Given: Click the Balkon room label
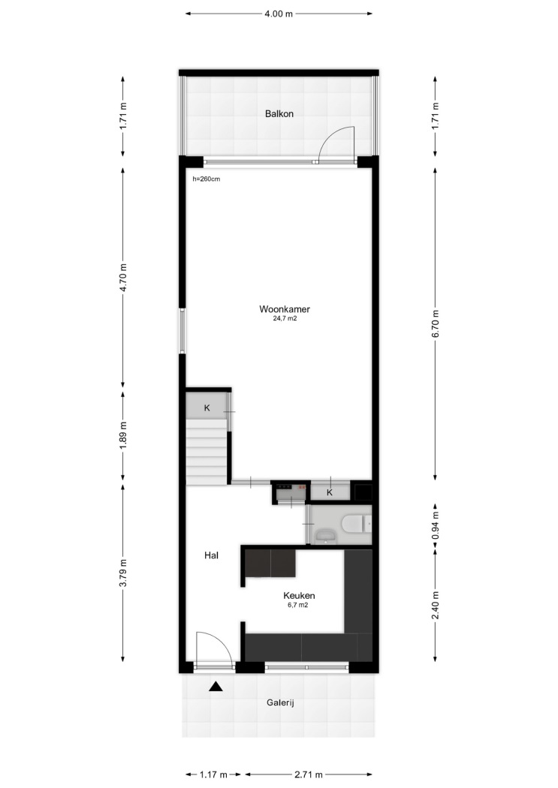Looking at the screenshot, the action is [x=279, y=113].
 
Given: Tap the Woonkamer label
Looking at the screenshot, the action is [x=285, y=309].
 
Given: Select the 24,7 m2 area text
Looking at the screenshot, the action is [x=285, y=319].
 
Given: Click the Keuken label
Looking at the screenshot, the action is [x=299, y=596].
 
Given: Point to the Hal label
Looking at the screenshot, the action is [x=211, y=555].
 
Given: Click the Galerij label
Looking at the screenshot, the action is [x=280, y=702].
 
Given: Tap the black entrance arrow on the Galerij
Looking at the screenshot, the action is [x=216, y=687].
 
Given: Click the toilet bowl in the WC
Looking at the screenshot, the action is [x=357, y=524].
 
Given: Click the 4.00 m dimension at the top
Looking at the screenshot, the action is [x=279, y=14].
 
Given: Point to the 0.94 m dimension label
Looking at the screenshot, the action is [x=436, y=525].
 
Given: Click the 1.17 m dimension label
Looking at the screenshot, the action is [x=213, y=774].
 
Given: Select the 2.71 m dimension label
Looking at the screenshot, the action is [x=309, y=774].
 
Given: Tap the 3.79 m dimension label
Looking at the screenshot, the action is [x=123, y=573].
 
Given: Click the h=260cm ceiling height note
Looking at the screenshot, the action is [x=206, y=179].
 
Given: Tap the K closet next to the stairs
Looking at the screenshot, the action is [x=207, y=408].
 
